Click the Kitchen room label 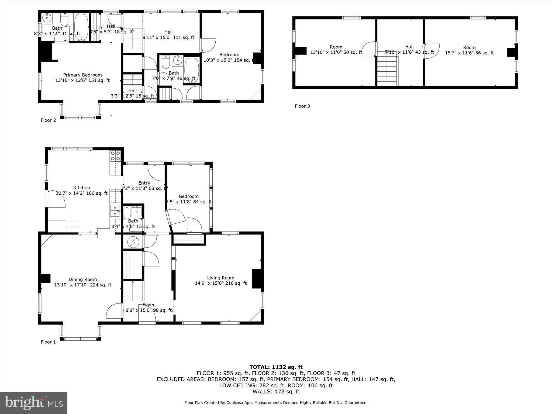pos(82,188)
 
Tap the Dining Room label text pos(82,280)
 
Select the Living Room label pos(220,278)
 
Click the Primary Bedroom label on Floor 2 pos(82,75)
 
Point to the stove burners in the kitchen pos(115,156)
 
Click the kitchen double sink pos(115,211)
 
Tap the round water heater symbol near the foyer pos(133,242)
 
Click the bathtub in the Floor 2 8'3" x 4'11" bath pos(81,27)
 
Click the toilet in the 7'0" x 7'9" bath pos(165,62)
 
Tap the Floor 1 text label pos(48,342)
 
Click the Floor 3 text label pos(302,106)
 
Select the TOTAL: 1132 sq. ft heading pos(276,367)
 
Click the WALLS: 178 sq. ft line pos(276,392)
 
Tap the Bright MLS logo pos(34,403)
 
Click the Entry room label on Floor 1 pos(144,183)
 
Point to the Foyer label pos(149,305)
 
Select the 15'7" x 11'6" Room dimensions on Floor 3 pos(469,53)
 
